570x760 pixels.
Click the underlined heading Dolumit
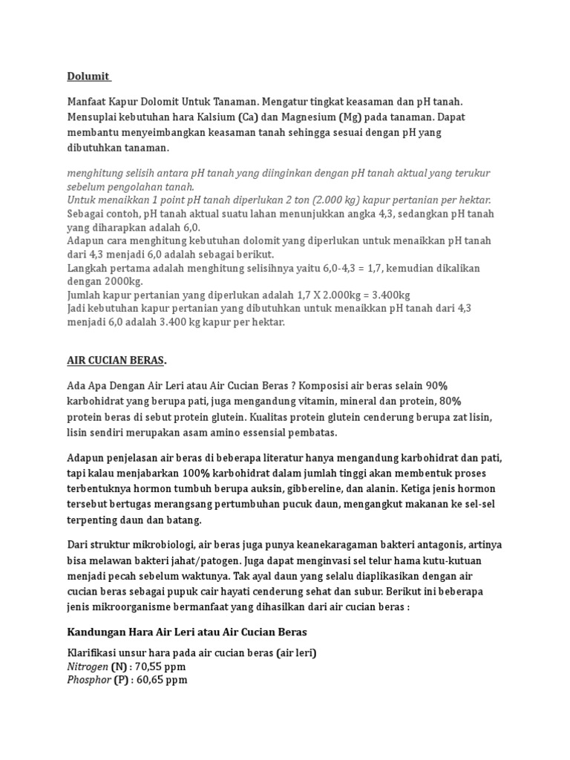click(88, 76)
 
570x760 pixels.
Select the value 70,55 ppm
click(161, 666)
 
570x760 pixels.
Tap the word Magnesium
click(306, 117)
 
